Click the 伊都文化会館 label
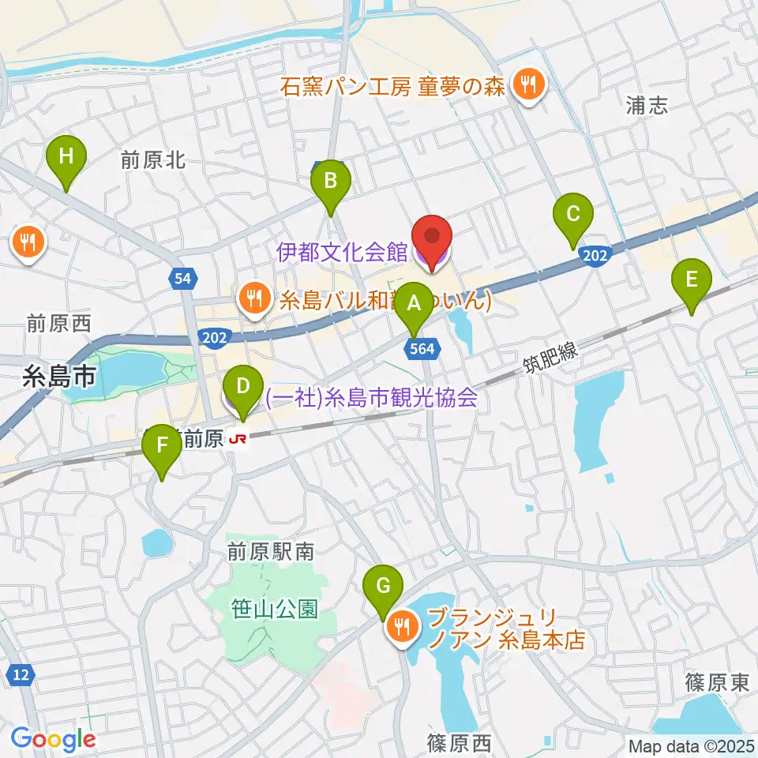tap(341, 253)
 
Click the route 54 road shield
tap(183, 278)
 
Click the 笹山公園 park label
tap(275, 609)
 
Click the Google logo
tap(54, 738)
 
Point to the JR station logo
tap(237, 440)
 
